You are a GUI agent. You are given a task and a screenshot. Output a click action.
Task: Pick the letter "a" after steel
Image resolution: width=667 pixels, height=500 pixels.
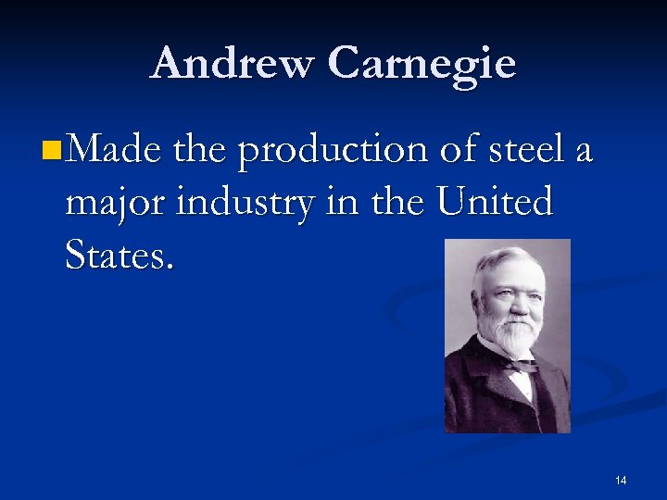coord(582,151)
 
